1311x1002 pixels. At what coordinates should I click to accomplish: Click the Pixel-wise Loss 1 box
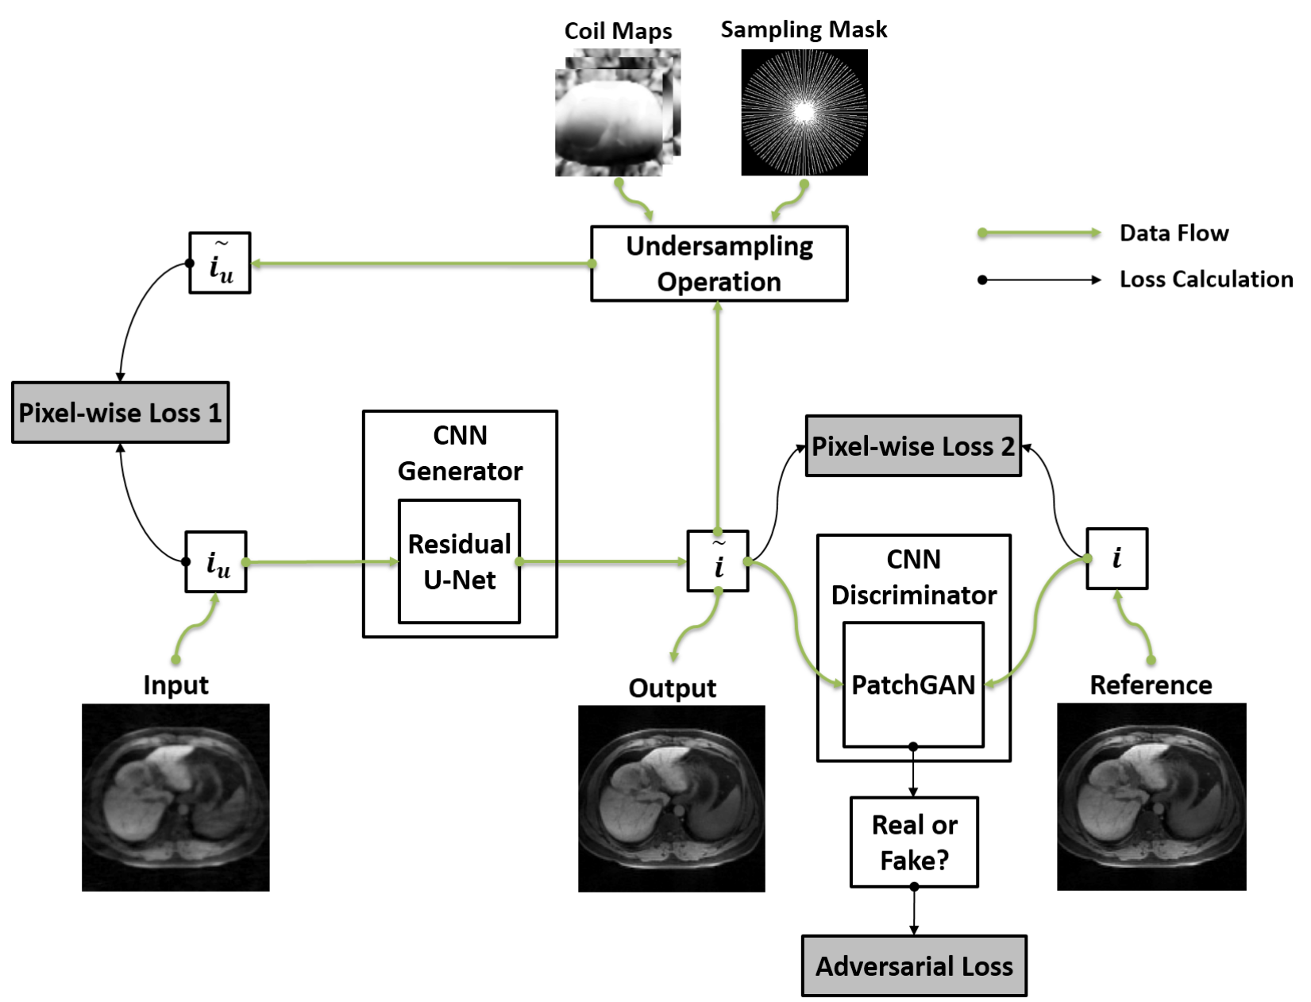click(x=120, y=412)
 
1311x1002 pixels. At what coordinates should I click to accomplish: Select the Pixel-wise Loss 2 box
click(x=913, y=445)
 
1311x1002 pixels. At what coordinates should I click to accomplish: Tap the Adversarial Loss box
click(x=914, y=965)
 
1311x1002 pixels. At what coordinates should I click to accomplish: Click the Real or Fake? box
click(x=914, y=842)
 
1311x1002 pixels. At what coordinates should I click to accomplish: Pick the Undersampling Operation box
click(x=719, y=264)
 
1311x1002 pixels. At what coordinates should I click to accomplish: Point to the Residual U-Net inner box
click(x=459, y=561)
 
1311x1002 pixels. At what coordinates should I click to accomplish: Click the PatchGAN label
click(x=913, y=684)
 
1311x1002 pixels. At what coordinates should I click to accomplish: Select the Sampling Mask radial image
click(x=804, y=112)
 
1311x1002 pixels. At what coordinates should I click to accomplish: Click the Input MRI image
click(x=175, y=797)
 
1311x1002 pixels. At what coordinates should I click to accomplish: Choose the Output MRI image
click(x=671, y=798)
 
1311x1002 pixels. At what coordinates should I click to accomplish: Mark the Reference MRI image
click(x=1151, y=796)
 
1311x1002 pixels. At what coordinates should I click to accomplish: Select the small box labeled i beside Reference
click(x=1116, y=558)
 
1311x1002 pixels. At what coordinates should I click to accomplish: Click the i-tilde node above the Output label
click(x=718, y=561)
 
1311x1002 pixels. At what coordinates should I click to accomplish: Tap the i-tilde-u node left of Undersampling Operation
click(x=220, y=263)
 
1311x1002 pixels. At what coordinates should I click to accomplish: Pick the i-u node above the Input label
click(x=216, y=561)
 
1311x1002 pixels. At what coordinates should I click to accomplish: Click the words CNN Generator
click(x=460, y=453)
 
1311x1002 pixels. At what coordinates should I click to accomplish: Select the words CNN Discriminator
click(x=913, y=577)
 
